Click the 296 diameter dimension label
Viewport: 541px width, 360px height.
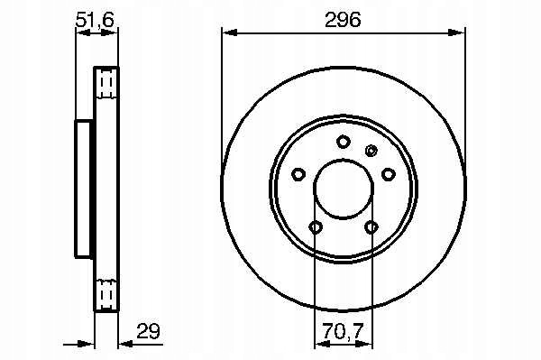[343, 19]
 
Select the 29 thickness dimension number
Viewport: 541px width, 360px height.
[149, 331]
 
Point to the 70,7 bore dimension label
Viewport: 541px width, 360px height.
[344, 331]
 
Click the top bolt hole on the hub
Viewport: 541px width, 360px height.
[344, 142]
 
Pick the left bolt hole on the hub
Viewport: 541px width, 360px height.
[298, 174]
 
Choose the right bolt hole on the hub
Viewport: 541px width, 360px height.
[389, 174]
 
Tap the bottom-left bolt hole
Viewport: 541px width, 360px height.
[316, 227]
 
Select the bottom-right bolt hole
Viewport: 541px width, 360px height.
[371, 227]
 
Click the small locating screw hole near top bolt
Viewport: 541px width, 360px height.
[371, 151]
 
